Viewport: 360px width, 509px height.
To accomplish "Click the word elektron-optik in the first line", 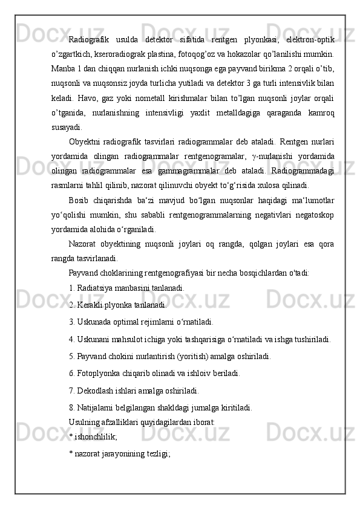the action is click(x=308, y=40).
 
